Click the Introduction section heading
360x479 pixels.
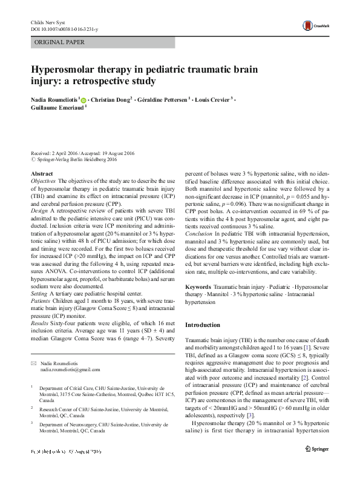click(203, 325)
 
